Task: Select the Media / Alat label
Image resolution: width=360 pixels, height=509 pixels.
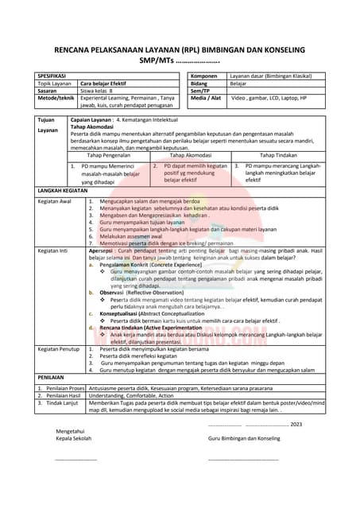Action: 207,97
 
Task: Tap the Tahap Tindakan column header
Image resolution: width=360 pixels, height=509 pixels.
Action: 278,155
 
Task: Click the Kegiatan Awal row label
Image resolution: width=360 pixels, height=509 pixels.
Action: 56,202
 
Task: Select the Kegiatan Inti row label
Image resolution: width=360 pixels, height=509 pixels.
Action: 54,247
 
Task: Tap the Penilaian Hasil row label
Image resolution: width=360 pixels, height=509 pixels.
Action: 62,394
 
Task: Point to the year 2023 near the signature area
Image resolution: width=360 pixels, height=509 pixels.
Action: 296,425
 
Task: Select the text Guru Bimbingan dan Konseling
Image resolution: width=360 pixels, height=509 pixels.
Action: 244,438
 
